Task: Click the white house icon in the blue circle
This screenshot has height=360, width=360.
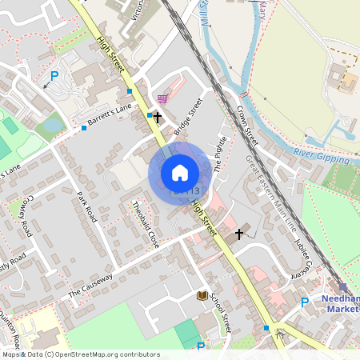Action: coord(180,172)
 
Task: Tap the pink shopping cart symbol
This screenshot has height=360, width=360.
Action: coord(162,99)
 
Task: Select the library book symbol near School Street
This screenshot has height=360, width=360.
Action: coord(202,296)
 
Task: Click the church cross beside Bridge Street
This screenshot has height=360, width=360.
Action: coord(157,117)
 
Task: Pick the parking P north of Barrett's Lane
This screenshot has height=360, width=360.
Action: coord(54,77)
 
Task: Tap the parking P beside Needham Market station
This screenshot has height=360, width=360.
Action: coord(305,302)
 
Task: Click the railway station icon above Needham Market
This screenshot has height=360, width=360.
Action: coord(343,286)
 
